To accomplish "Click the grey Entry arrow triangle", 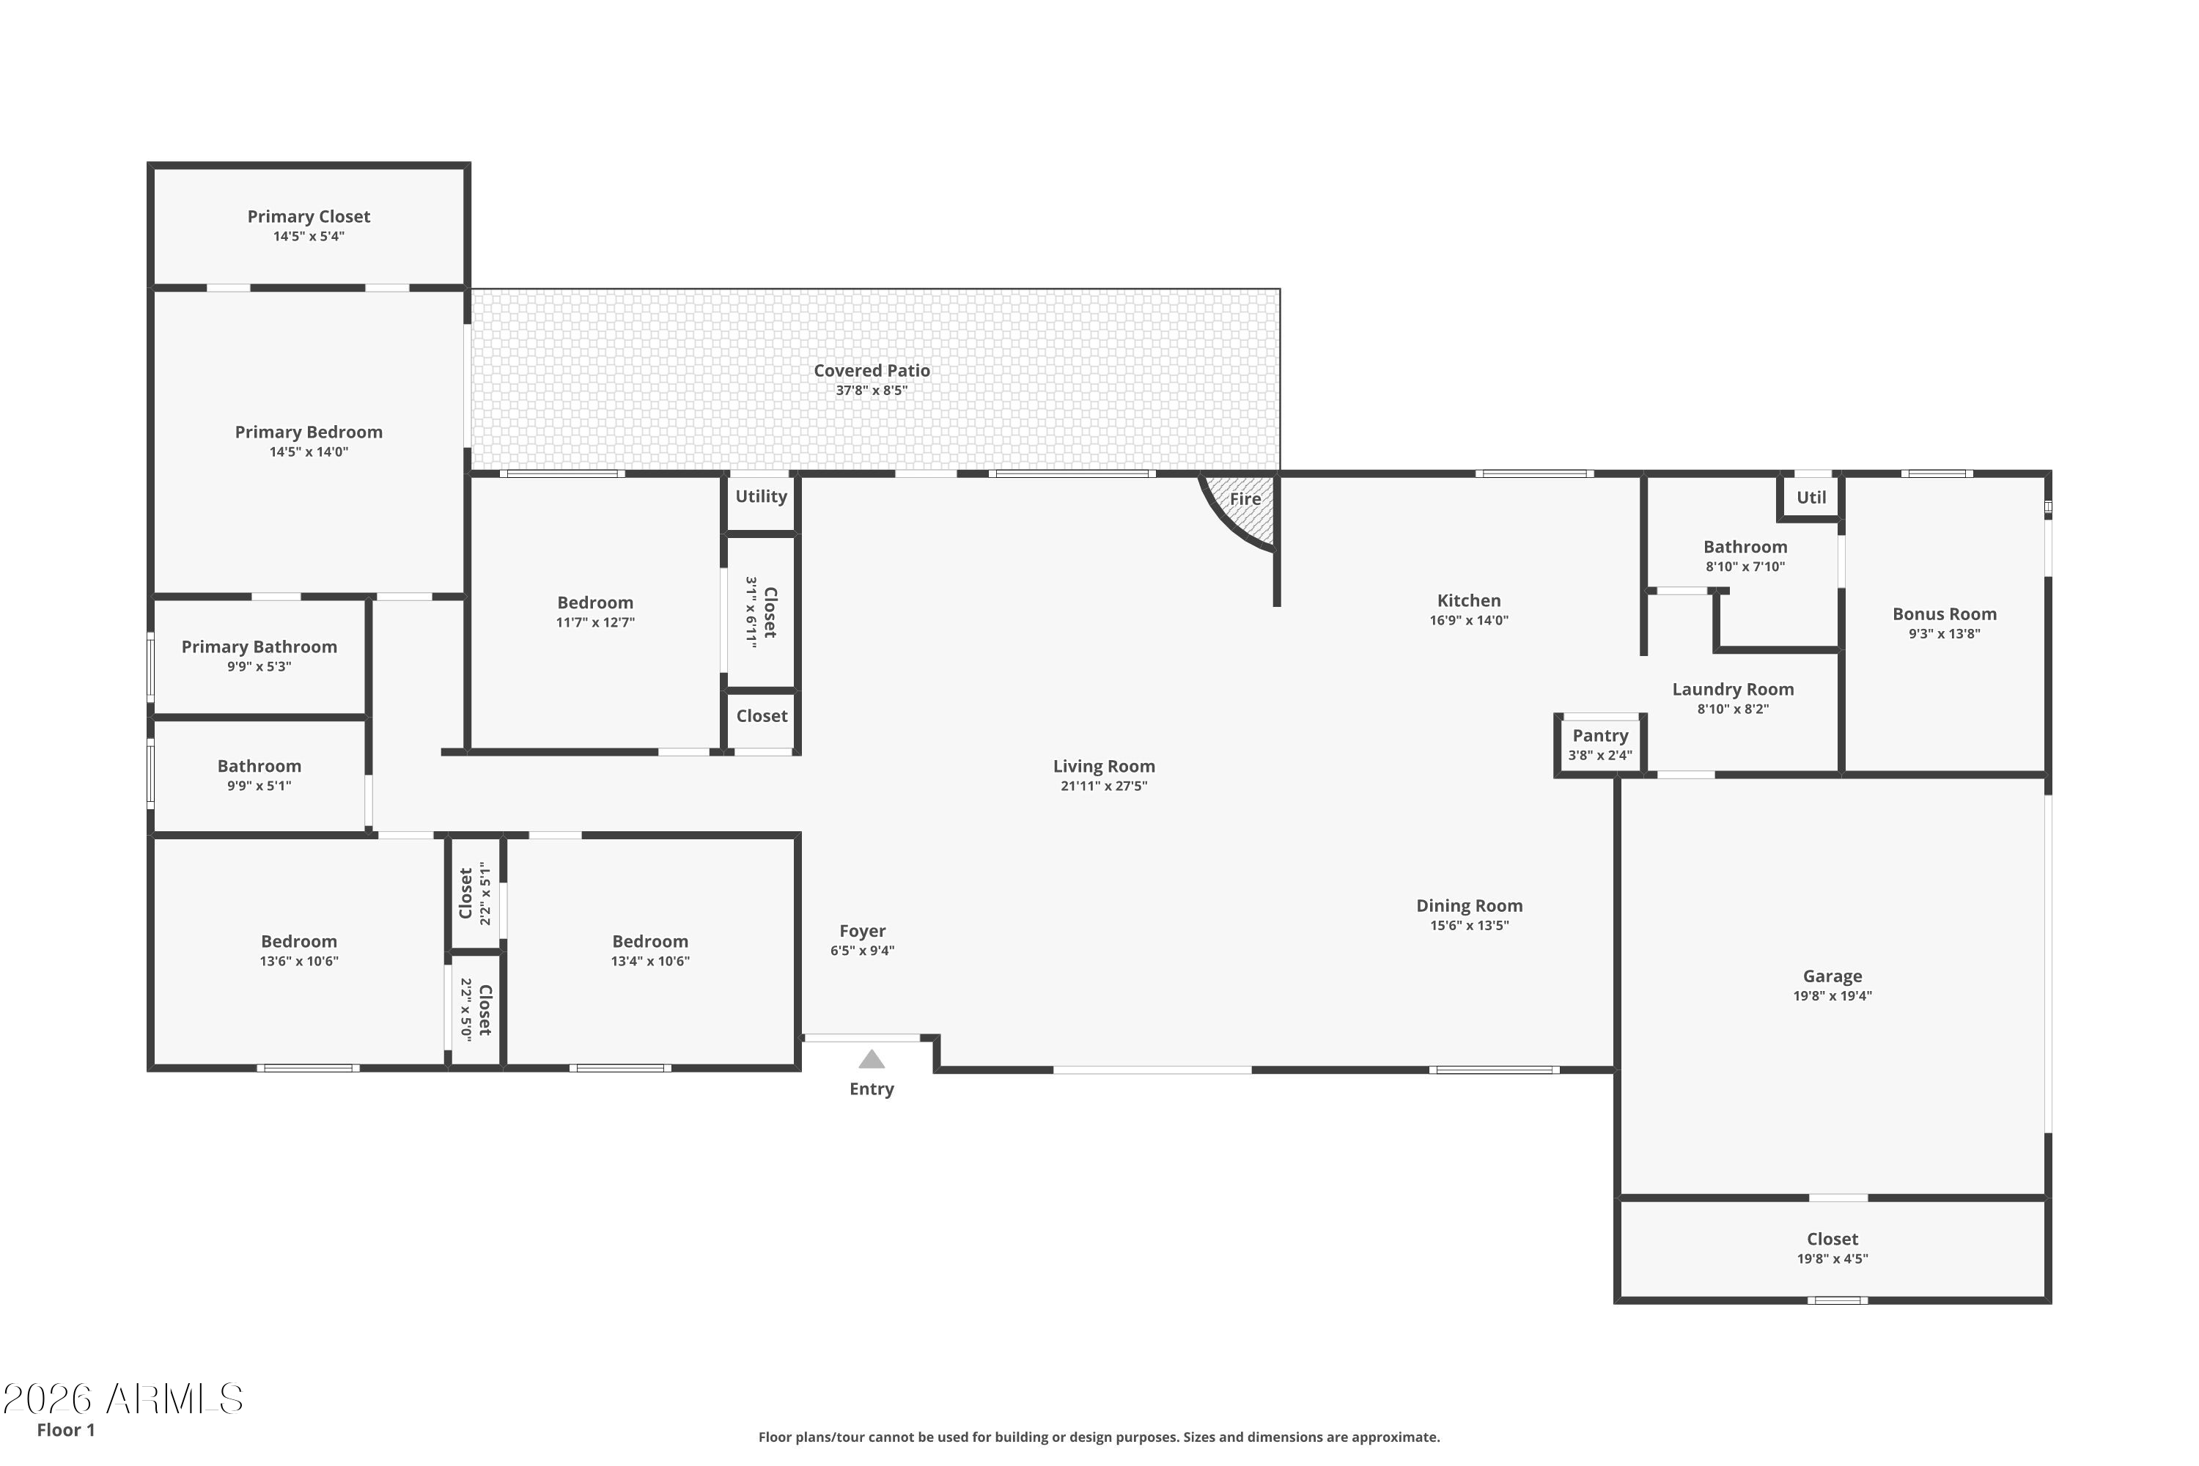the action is click(872, 1059).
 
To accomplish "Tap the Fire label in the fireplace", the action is click(1245, 498).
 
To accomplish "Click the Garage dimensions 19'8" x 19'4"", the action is click(1832, 995).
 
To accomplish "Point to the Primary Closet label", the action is click(309, 217).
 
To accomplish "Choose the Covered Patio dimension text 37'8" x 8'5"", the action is click(872, 390).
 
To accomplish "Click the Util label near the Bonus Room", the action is click(1811, 498).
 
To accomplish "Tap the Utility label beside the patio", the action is click(761, 496).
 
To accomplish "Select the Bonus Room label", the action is click(1945, 614).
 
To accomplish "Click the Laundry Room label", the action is click(1733, 690).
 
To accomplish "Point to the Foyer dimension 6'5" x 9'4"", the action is click(862, 951).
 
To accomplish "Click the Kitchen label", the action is click(1469, 600).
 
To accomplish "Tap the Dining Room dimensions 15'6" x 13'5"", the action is click(1469, 926).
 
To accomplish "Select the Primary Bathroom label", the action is click(259, 647).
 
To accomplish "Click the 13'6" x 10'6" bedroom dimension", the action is click(299, 961).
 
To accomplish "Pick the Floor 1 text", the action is click(65, 1429).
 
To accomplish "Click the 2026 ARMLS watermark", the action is click(123, 1399).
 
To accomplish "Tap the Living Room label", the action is click(1103, 767).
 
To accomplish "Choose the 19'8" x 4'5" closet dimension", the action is click(1832, 1259).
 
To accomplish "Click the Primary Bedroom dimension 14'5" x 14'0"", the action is click(309, 452).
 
